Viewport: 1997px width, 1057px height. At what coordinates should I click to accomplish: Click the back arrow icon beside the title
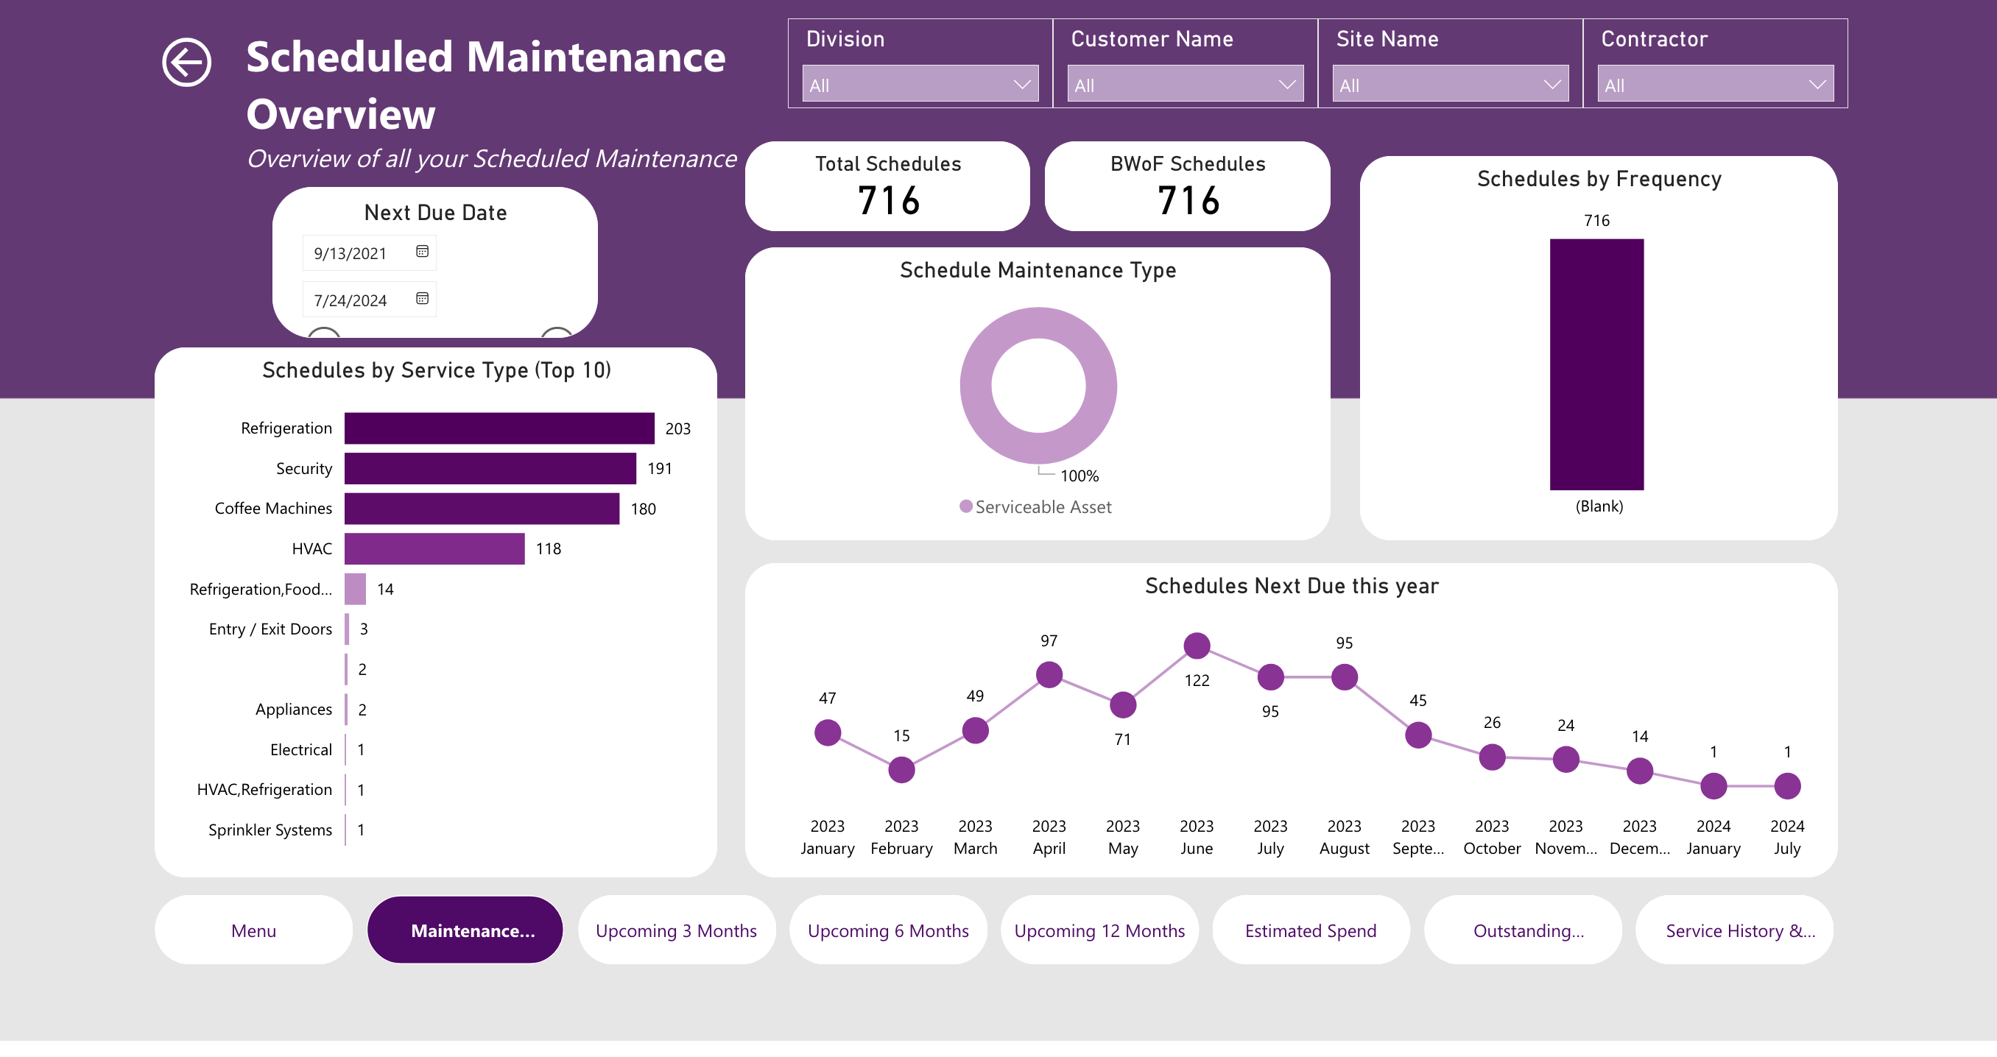tap(186, 62)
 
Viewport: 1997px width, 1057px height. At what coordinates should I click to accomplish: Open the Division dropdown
tap(920, 85)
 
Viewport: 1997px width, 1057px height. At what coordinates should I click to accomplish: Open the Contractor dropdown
tap(1715, 85)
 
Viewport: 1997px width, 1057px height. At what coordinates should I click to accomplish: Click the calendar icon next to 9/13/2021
tap(422, 252)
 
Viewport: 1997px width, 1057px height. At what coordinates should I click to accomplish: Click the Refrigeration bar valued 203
tap(499, 428)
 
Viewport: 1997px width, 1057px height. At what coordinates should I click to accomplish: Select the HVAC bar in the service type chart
tap(434, 548)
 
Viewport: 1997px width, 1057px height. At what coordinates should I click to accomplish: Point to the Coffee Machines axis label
tap(273, 509)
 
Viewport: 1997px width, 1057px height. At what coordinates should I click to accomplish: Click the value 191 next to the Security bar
tap(659, 468)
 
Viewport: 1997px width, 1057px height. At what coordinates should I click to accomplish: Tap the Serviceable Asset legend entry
tap(1036, 507)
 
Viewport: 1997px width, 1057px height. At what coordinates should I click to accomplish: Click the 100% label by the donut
tap(1079, 476)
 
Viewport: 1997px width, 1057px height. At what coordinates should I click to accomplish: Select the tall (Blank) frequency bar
tap(1596, 364)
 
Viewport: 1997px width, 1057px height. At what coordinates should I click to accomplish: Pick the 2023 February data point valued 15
tap(901, 769)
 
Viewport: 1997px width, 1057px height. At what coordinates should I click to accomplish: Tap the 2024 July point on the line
tap(1786, 786)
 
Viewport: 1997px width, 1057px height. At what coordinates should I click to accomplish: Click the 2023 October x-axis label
tap(1491, 837)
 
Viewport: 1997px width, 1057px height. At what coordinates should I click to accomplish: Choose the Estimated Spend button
tap(1310, 930)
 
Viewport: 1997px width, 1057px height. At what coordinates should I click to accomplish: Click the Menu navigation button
tap(253, 930)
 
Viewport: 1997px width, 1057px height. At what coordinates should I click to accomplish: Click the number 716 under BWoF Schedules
tap(1188, 201)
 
